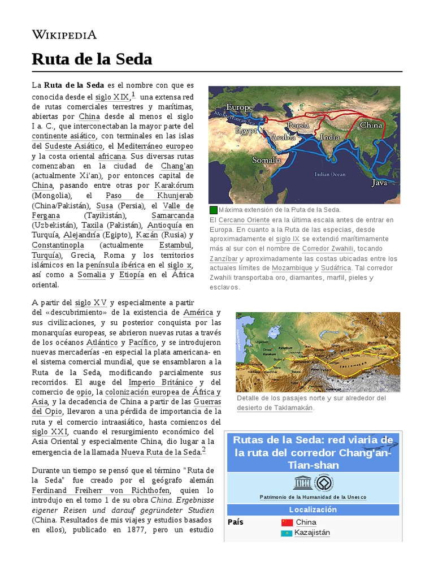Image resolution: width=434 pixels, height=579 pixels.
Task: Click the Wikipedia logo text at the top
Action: pos(64,34)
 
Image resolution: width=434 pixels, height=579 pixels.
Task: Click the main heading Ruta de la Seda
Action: pos(92,59)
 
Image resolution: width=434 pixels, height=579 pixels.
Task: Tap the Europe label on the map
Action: pos(240,107)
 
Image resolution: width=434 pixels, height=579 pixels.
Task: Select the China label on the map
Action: pos(371,125)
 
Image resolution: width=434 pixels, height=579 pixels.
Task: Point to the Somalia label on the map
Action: pos(266,160)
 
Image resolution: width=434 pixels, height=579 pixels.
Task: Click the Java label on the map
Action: pos(380,183)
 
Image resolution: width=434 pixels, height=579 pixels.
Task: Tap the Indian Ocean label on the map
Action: pos(329,174)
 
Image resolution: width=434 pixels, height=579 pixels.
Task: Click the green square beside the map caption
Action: pos(213,210)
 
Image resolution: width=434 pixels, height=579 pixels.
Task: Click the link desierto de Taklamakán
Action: pos(275,408)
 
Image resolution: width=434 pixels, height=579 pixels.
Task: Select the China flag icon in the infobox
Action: pos(287,522)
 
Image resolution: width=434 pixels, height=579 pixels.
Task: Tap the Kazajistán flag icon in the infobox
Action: pos(287,533)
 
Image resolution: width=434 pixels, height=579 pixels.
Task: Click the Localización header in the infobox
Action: pos(313,509)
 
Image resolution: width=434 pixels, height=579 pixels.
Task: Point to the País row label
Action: pos(236,522)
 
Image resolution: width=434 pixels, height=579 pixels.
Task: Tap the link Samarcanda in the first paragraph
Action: pos(172,215)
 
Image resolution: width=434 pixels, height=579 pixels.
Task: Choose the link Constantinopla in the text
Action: pos(58,245)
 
